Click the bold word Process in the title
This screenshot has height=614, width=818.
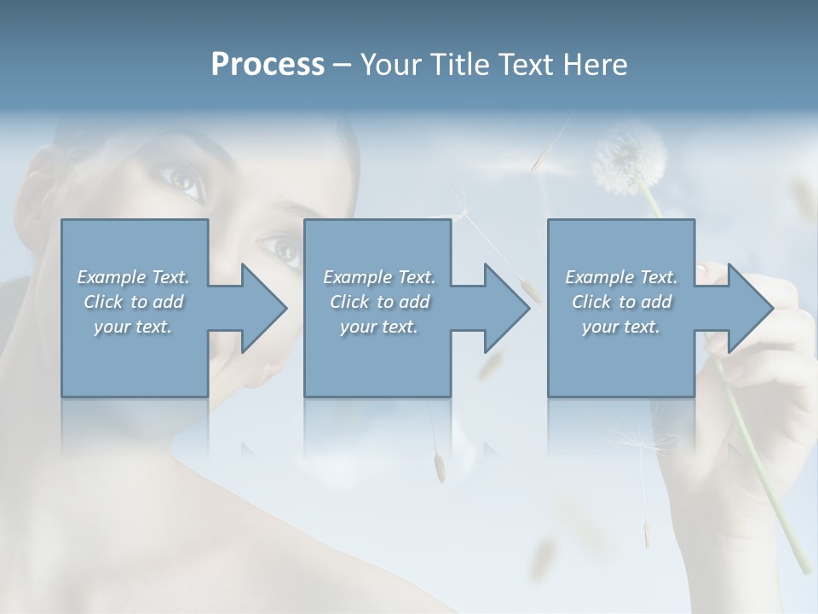[268, 65]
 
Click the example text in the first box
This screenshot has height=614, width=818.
[134, 302]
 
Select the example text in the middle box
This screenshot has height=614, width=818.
[379, 302]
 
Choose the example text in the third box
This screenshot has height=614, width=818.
[621, 302]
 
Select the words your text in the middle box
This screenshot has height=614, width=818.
[379, 327]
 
